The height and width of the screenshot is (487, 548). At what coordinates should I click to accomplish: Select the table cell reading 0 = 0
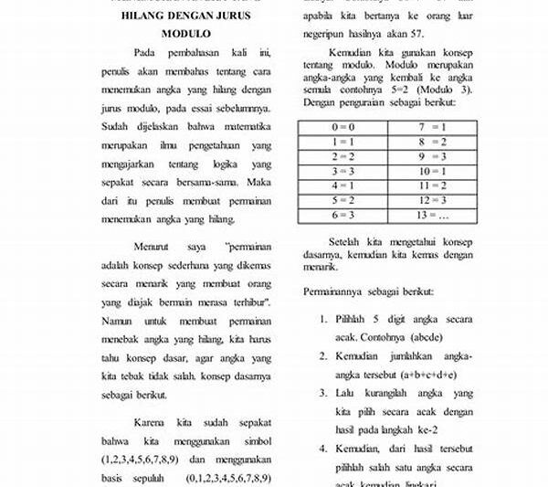342,127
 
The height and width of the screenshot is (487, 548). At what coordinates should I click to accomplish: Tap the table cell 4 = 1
342,185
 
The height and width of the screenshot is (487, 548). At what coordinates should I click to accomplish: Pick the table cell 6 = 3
342,215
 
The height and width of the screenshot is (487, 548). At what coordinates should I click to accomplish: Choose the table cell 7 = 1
433,127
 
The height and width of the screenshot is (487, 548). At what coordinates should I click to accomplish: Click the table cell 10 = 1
433,171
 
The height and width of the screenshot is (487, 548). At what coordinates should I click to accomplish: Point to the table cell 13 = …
433,215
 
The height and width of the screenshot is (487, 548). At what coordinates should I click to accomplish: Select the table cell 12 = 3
433,200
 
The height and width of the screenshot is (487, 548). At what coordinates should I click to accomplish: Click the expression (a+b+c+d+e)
426,374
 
